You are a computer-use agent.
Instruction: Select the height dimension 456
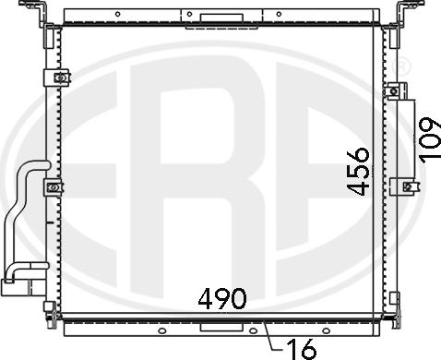tap(360, 169)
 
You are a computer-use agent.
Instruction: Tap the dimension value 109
tap(427, 138)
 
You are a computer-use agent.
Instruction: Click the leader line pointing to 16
tap(269, 336)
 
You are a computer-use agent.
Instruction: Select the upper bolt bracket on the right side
tap(397, 91)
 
